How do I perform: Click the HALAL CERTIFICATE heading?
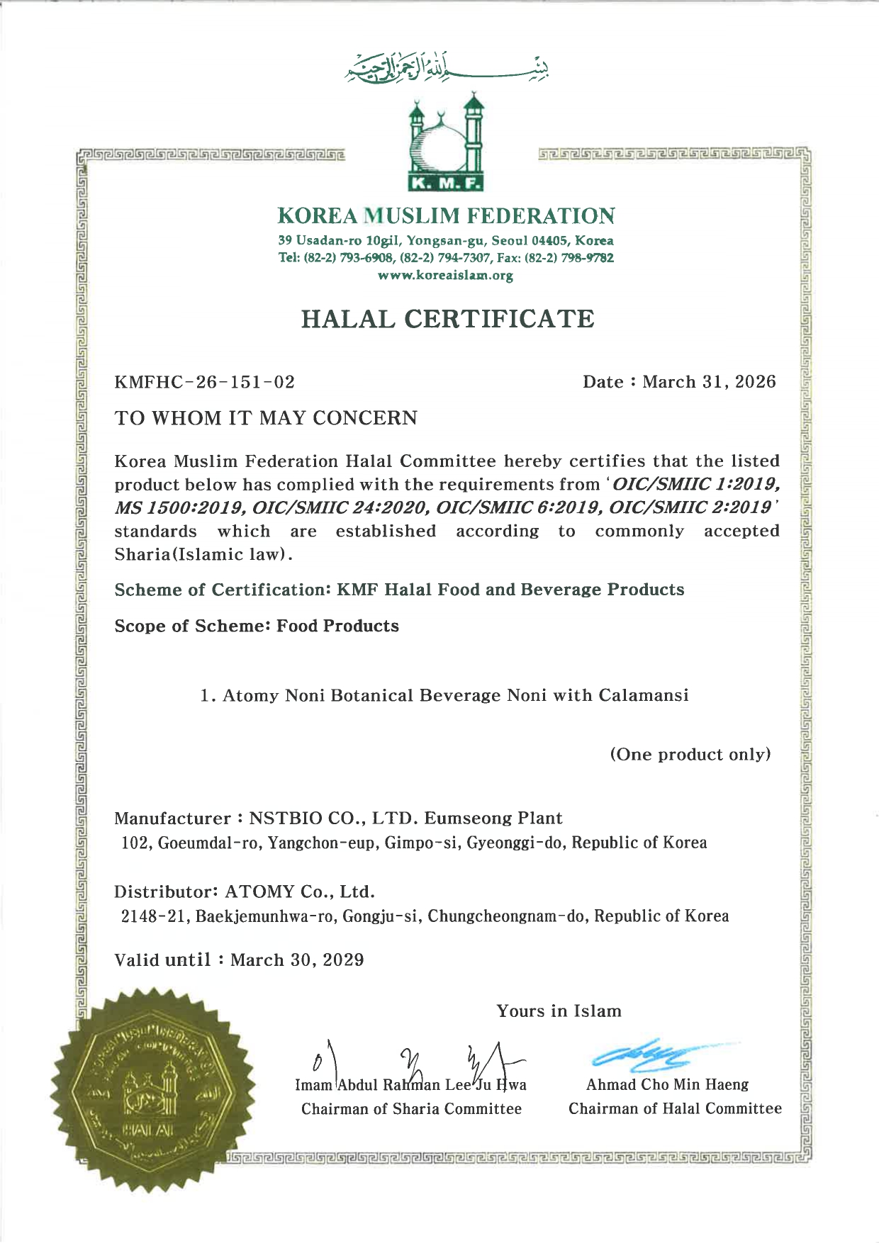click(x=447, y=319)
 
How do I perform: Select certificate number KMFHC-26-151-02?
click(x=205, y=383)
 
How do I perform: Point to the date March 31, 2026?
click(x=709, y=382)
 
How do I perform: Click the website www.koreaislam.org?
click(x=446, y=276)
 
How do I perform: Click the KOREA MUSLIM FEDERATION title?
click(x=447, y=215)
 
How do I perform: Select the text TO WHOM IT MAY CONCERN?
click(x=266, y=418)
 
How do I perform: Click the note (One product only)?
click(x=690, y=754)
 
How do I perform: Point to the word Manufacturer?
click(x=172, y=819)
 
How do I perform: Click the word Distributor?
click(x=165, y=892)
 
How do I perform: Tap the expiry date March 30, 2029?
click(x=297, y=960)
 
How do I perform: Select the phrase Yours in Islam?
click(x=559, y=1011)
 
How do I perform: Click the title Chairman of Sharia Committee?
click(x=411, y=1109)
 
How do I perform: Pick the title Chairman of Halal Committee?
click(x=675, y=1109)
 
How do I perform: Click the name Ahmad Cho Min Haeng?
click(x=667, y=1085)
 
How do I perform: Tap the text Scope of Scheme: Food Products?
click(x=257, y=626)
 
